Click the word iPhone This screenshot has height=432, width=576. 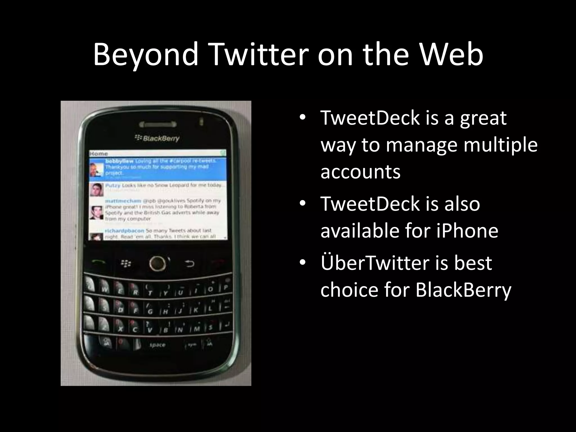click(x=467, y=230)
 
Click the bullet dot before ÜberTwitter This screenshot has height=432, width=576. click(x=302, y=262)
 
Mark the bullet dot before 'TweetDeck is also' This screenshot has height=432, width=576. click(x=302, y=203)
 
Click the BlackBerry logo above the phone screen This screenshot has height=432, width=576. click(x=157, y=138)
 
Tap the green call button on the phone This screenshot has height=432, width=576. click(x=99, y=262)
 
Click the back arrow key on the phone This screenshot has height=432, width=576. click(x=189, y=264)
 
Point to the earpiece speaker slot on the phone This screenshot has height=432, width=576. click(x=158, y=124)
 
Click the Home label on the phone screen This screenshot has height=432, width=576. click(x=99, y=154)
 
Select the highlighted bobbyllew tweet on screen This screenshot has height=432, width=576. click(x=157, y=168)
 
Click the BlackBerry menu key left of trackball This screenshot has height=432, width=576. click(x=126, y=264)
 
